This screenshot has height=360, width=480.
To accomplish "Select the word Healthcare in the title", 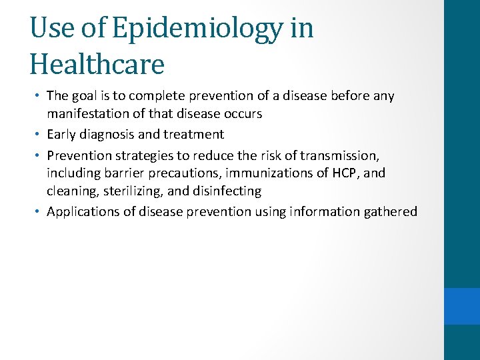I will (x=97, y=64).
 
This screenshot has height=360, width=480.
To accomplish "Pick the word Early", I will (x=63, y=135).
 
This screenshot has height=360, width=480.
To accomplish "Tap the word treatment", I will (x=195, y=135).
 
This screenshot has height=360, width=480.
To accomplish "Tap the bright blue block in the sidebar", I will (x=462, y=306).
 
